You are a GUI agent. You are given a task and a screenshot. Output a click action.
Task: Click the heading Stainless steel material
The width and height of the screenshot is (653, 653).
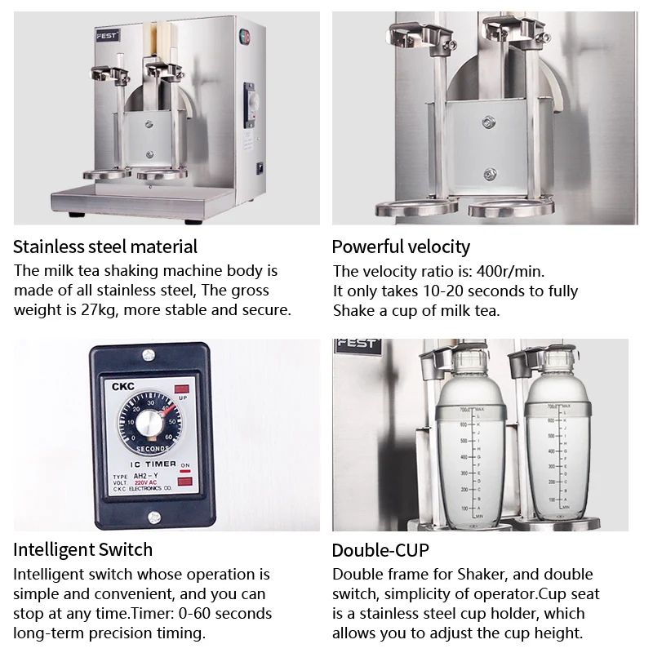[x=105, y=246]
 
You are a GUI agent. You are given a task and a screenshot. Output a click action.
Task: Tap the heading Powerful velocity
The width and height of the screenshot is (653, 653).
[x=401, y=246]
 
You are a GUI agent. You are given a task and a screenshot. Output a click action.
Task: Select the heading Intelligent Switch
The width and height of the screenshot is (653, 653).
[x=83, y=549]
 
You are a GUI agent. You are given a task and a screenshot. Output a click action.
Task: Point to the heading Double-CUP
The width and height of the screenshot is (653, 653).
[x=380, y=549]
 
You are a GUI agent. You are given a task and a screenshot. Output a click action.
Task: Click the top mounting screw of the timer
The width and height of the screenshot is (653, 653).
[x=149, y=355]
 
